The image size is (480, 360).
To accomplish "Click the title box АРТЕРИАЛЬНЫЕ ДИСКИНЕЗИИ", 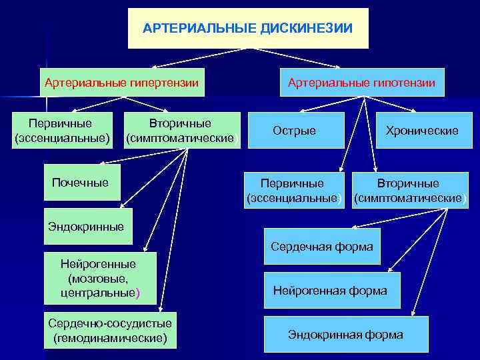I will tap(248, 29).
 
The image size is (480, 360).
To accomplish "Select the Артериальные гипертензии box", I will tap(121, 83).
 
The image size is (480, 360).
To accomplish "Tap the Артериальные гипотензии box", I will tap(361, 83).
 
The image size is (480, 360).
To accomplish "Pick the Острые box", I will tap(294, 131).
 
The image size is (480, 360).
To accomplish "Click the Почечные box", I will tap(81, 183).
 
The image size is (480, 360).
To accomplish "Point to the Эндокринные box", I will tap(86, 227).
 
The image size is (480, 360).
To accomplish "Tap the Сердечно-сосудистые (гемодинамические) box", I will tap(110, 330).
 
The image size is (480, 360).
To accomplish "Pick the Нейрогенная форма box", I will tap(330, 291).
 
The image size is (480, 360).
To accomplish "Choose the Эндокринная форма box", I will tap(345, 335).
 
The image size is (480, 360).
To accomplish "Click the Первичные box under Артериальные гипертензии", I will tap(61, 131).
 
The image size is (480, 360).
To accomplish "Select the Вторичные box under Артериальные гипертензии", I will tap(180, 131).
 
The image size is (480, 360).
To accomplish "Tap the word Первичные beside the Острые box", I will tap(292, 183).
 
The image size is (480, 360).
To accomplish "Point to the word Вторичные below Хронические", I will tap(408, 183).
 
